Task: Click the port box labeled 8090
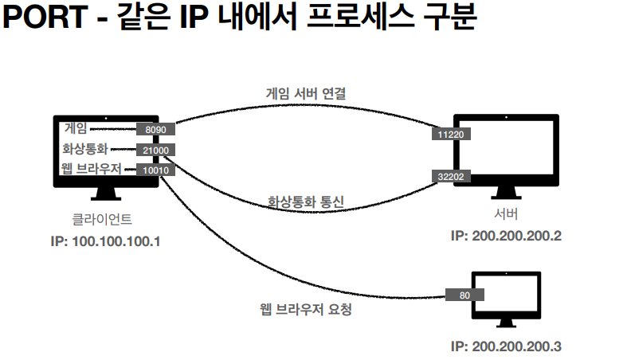coord(155,128)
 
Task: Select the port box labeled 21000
coord(155,149)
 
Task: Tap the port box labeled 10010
coord(152,170)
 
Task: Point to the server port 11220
coord(451,135)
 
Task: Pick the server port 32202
coord(451,176)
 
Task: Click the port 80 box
coord(465,295)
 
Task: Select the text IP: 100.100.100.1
coord(104,240)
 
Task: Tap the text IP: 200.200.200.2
coord(506,236)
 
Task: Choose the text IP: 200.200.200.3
coord(506,346)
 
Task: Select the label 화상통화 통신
coord(305,202)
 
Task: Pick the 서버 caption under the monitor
coord(506,213)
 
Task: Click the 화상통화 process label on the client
coord(84,149)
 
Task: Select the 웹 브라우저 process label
coord(90,169)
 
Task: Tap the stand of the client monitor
coord(106,196)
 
